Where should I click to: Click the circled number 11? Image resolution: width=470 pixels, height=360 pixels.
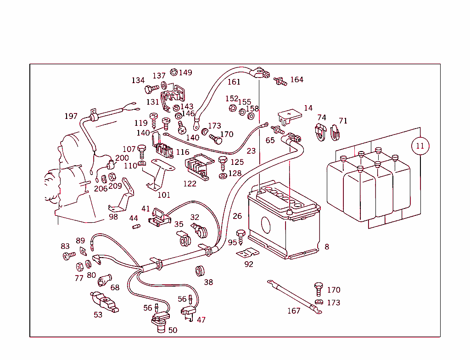pyautogui.click(x=420, y=146)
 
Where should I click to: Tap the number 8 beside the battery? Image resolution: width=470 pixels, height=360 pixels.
pyautogui.click(x=327, y=247)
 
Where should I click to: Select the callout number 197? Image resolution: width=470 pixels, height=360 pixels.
pyautogui.click(x=71, y=116)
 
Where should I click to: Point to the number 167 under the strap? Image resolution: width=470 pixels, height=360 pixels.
pyautogui.click(x=294, y=311)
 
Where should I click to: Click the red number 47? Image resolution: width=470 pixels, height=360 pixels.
pyautogui.click(x=201, y=320)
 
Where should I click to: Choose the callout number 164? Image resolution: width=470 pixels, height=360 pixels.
pyautogui.click(x=297, y=79)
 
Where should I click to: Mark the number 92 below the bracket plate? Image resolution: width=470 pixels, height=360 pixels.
pyautogui.click(x=249, y=264)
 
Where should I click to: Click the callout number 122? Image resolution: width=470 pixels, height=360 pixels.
pyautogui.click(x=190, y=184)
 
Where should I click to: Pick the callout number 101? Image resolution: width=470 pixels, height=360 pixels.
pyautogui.click(x=164, y=195)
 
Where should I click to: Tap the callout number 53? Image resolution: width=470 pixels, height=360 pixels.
pyautogui.click(x=98, y=315)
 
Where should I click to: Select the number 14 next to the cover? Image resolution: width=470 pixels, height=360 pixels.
pyautogui.click(x=308, y=108)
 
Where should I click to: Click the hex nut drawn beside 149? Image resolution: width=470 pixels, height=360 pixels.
pyautogui.click(x=173, y=72)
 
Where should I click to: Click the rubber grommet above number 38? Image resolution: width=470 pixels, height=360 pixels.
pyautogui.click(x=200, y=270)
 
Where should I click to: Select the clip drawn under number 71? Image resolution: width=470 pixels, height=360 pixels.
pyautogui.click(x=335, y=133)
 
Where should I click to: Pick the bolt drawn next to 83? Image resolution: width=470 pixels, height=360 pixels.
pyautogui.click(x=69, y=255)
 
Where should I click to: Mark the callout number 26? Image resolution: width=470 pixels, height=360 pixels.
pyautogui.click(x=237, y=216)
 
